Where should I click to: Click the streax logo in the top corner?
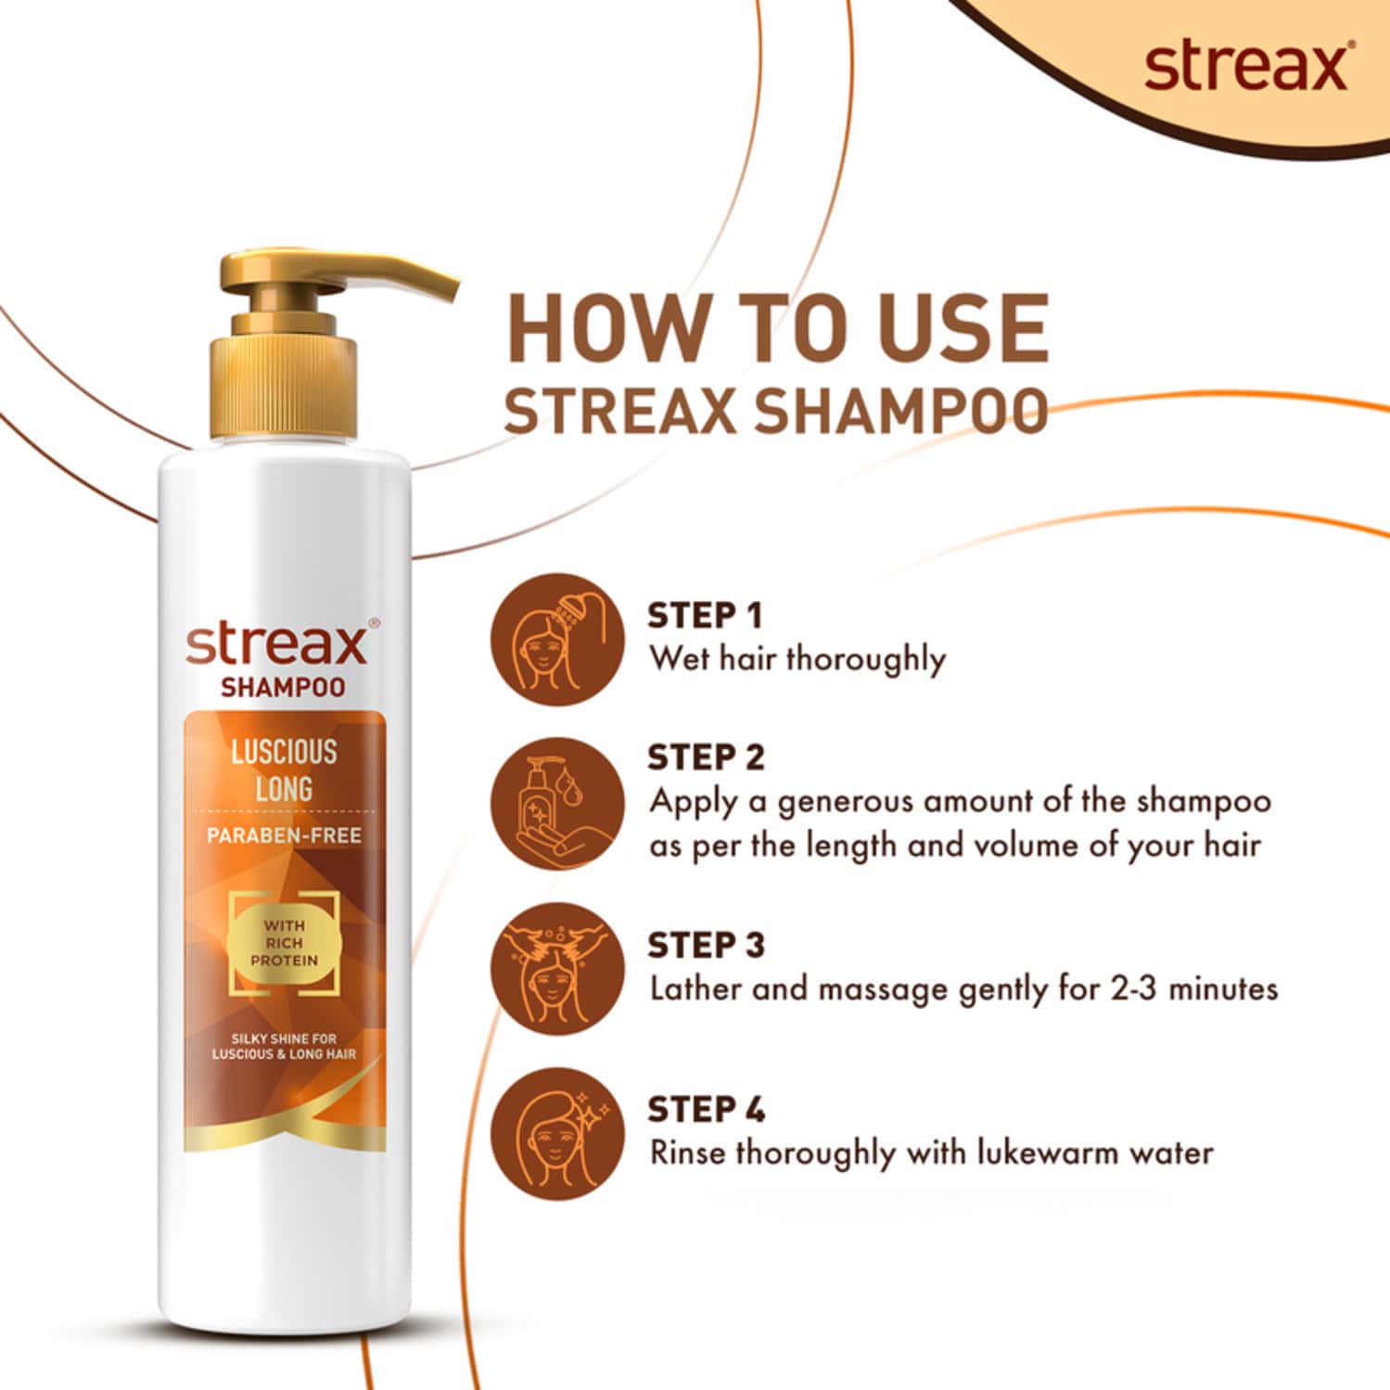click(1245, 67)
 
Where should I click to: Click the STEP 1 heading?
click(705, 616)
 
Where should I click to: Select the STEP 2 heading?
click(706, 758)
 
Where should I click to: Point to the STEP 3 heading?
click(706, 946)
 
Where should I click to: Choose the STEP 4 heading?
click(706, 1110)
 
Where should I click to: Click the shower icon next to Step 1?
click(557, 638)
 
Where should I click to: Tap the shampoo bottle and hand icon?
click(557, 810)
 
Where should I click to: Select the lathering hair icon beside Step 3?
click(557, 969)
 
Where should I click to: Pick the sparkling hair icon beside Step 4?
click(557, 1133)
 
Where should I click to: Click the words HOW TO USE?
click(777, 329)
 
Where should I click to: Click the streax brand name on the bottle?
click(276, 644)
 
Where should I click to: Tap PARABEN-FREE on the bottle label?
click(284, 835)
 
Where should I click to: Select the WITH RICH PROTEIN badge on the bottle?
click(284, 942)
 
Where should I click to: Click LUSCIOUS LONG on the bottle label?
click(284, 771)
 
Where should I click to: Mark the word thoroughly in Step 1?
click(865, 660)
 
